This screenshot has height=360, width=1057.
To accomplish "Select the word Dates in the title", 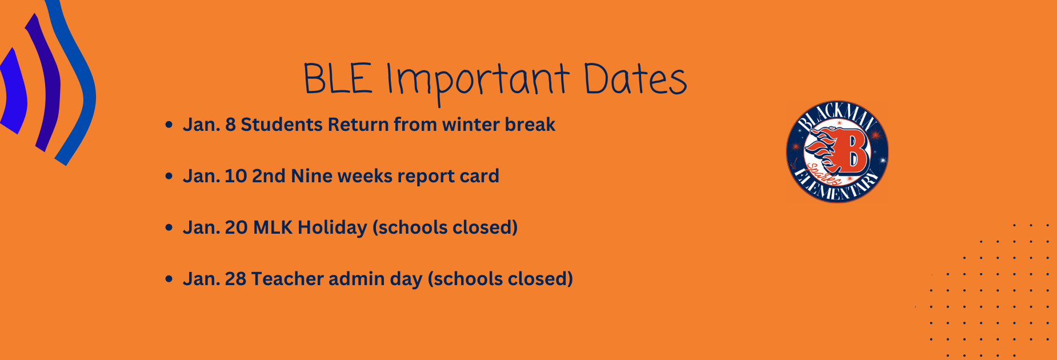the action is pyautogui.click(x=635, y=78).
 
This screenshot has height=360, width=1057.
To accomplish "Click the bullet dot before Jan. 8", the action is pyautogui.click(x=169, y=125).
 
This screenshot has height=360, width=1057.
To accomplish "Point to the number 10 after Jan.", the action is pyautogui.click(x=235, y=176).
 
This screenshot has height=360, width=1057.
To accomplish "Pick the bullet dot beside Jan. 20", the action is pyautogui.click(x=169, y=227).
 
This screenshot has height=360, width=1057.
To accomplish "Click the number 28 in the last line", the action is pyautogui.click(x=235, y=279).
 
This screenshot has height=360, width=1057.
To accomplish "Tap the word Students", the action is pyautogui.click(x=282, y=125).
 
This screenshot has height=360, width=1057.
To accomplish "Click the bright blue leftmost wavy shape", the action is pyautogui.click(x=13, y=91).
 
